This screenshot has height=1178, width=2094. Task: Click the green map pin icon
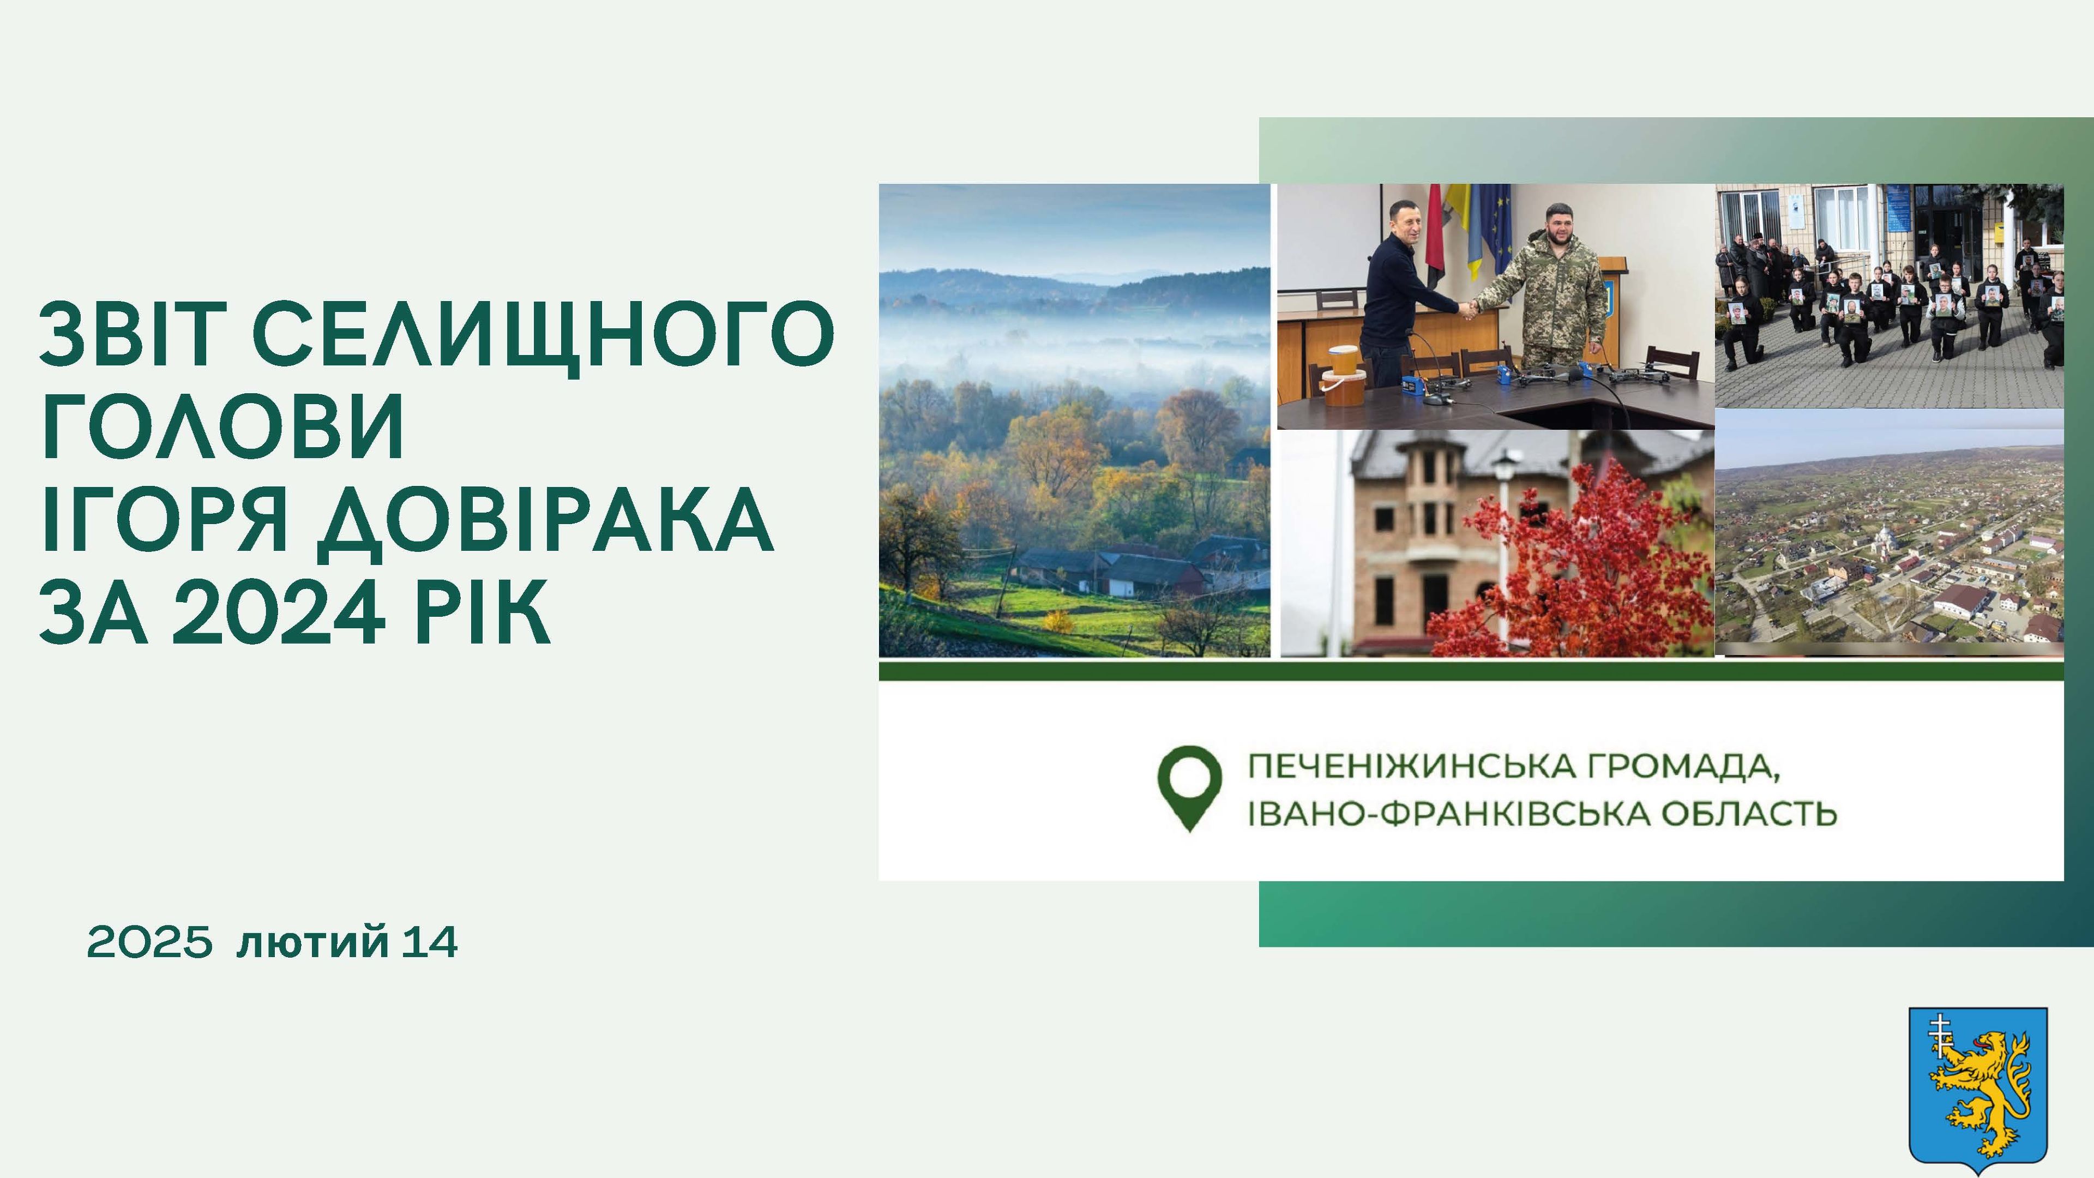pos(1189,785)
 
